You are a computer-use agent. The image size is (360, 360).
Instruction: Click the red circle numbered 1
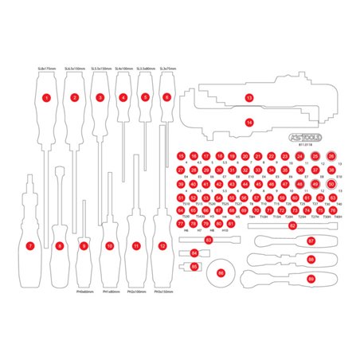coord(47,98)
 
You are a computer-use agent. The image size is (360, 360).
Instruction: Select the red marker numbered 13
coord(249,97)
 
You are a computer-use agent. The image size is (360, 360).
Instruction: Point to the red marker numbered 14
coord(249,122)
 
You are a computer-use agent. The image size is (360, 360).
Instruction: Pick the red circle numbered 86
coord(221,272)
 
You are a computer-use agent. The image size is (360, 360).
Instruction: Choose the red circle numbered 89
coord(311,279)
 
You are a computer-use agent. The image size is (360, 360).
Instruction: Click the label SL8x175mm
coord(46,70)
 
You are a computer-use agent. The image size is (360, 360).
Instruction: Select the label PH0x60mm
coord(84,292)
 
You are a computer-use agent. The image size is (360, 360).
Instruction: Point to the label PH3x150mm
coord(163,292)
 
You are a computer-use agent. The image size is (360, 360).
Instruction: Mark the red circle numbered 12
coord(162,246)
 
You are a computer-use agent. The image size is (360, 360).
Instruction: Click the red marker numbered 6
coord(166,98)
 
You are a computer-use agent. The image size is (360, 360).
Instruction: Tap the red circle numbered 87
coord(311,240)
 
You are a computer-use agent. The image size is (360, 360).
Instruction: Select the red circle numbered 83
coord(209,239)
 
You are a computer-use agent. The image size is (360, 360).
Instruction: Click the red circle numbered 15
coord(182,156)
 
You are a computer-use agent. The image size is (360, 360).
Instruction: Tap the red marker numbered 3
coord(100,98)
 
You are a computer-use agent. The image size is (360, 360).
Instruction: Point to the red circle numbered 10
coord(109,246)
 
